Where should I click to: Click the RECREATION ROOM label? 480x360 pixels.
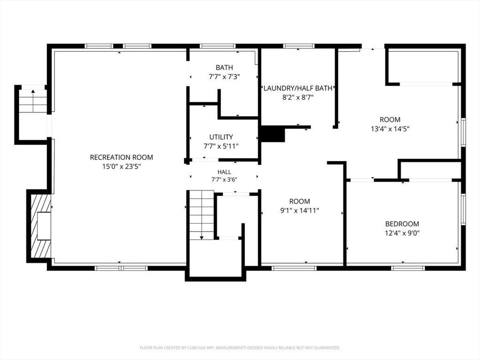point(121,157)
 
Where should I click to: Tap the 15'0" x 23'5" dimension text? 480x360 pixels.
point(121,167)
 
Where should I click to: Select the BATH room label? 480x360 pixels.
point(224,67)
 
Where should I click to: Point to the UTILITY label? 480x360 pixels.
point(221,137)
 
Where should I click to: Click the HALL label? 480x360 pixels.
point(225,172)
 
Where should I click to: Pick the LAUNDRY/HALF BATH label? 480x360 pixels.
point(298,88)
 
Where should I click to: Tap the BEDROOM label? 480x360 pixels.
point(402,224)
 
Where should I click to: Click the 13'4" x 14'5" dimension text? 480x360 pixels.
point(390,129)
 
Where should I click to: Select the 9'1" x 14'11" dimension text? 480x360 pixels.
point(300,210)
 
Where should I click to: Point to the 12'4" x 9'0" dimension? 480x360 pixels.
point(402,233)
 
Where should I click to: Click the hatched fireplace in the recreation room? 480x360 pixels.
point(41,226)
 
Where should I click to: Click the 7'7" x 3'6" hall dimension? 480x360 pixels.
point(225,180)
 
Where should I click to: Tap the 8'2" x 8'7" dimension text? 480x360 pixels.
point(298,97)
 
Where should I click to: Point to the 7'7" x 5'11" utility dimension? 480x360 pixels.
point(221,146)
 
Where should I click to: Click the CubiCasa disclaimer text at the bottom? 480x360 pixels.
point(240,348)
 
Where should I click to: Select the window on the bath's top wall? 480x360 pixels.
point(217,46)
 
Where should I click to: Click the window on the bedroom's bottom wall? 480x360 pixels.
point(408,269)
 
